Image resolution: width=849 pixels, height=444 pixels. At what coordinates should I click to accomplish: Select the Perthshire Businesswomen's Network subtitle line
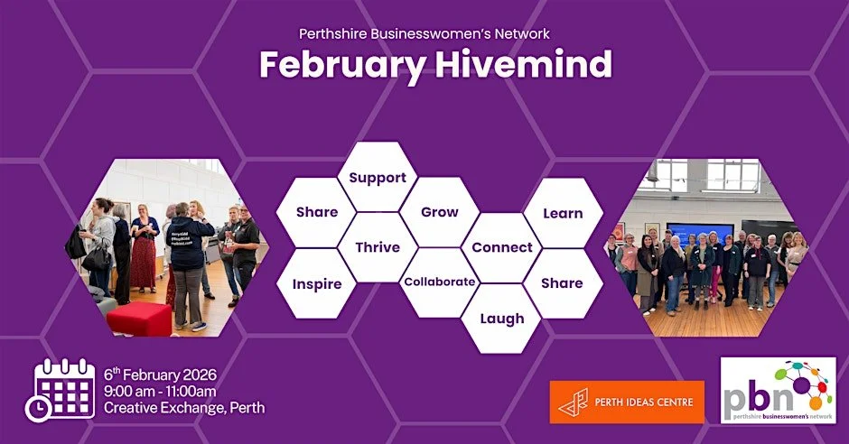pyautogui.click(x=424, y=34)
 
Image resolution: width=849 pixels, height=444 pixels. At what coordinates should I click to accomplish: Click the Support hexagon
pyautogui.click(x=378, y=178)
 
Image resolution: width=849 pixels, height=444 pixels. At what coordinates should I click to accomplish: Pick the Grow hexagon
pyautogui.click(x=440, y=212)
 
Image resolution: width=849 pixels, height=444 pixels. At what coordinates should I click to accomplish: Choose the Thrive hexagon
pyautogui.click(x=378, y=247)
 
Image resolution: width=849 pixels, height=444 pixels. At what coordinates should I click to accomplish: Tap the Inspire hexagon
pyautogui.click(x=317, y=283)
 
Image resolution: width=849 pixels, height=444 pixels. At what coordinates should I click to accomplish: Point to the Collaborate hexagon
pyautogui.click(x=440, y=282)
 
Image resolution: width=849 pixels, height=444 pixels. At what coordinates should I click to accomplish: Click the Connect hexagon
pyautogui.click(x=502, y=247)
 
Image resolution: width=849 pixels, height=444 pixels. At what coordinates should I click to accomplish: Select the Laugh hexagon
pyautogui.click(x=502, y=318)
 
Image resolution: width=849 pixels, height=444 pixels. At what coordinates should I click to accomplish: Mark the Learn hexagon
pyautogui.click(x=563, y=213)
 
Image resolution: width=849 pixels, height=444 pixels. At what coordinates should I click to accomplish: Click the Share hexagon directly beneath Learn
pyautogui.click(x=563, y=282)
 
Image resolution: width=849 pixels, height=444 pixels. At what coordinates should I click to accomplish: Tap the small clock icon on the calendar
pyautogui.click(x=39, y=408)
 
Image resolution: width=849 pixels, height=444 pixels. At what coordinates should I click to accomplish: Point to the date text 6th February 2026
pyautogui.click(x=160, y=375)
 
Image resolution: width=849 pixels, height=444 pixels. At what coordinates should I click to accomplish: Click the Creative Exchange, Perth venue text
pyautogui.click(x=184, y=408)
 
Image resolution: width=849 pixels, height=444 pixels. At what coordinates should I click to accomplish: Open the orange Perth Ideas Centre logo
pyautogui.click(x=628, y=402)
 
